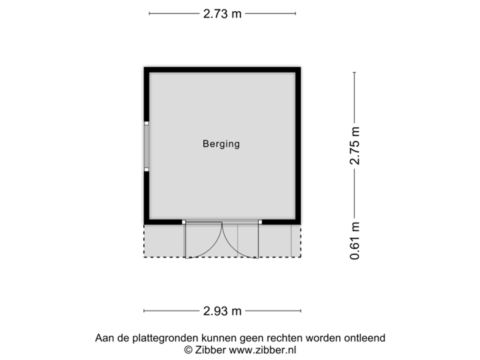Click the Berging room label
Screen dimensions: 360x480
(x=221, y=143)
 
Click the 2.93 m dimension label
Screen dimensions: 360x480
(x=223, y=310)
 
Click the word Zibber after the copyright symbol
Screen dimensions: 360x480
(x=211, y=349)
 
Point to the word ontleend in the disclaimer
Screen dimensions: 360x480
(x=365, y=339)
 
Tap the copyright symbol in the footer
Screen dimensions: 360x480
(x=189, y=349)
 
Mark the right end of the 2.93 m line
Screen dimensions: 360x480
(x=301, y=310)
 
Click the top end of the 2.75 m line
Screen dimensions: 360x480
(x=355, y=72)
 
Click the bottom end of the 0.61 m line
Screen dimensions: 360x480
(x=355, y=263)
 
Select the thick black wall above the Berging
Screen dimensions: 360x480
(x=222, y=68)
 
